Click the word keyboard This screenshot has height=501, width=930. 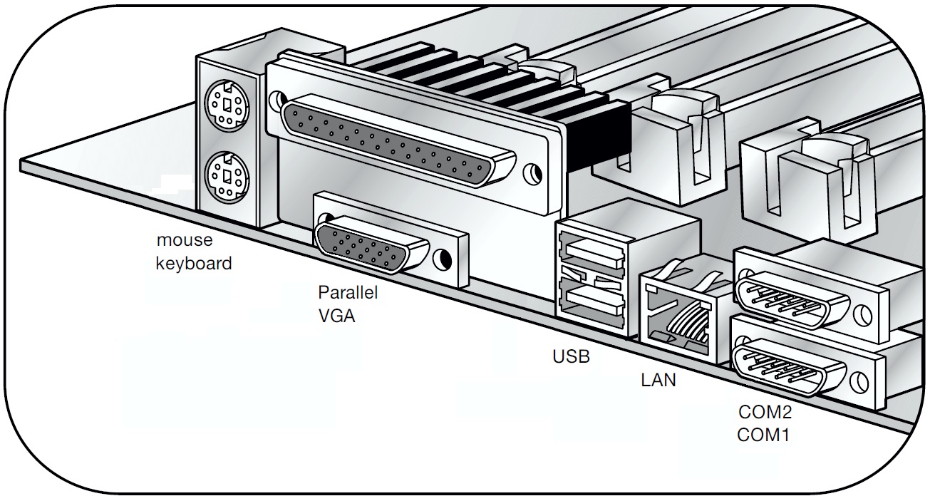click(194, 263)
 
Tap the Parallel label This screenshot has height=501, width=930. click(348, 293)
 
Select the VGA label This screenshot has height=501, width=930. click(336, 316)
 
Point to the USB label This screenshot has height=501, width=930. click(572, 356)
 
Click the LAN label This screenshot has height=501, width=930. click(658, 380)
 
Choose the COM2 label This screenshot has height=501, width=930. click(765, 411)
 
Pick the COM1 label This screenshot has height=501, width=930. click(764, 433)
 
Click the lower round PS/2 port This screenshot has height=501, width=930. click(225, 175)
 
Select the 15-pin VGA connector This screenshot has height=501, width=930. click(371, 247)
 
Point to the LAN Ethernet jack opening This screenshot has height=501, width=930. click(678, 314)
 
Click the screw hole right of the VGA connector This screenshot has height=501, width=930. click(445, 259)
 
